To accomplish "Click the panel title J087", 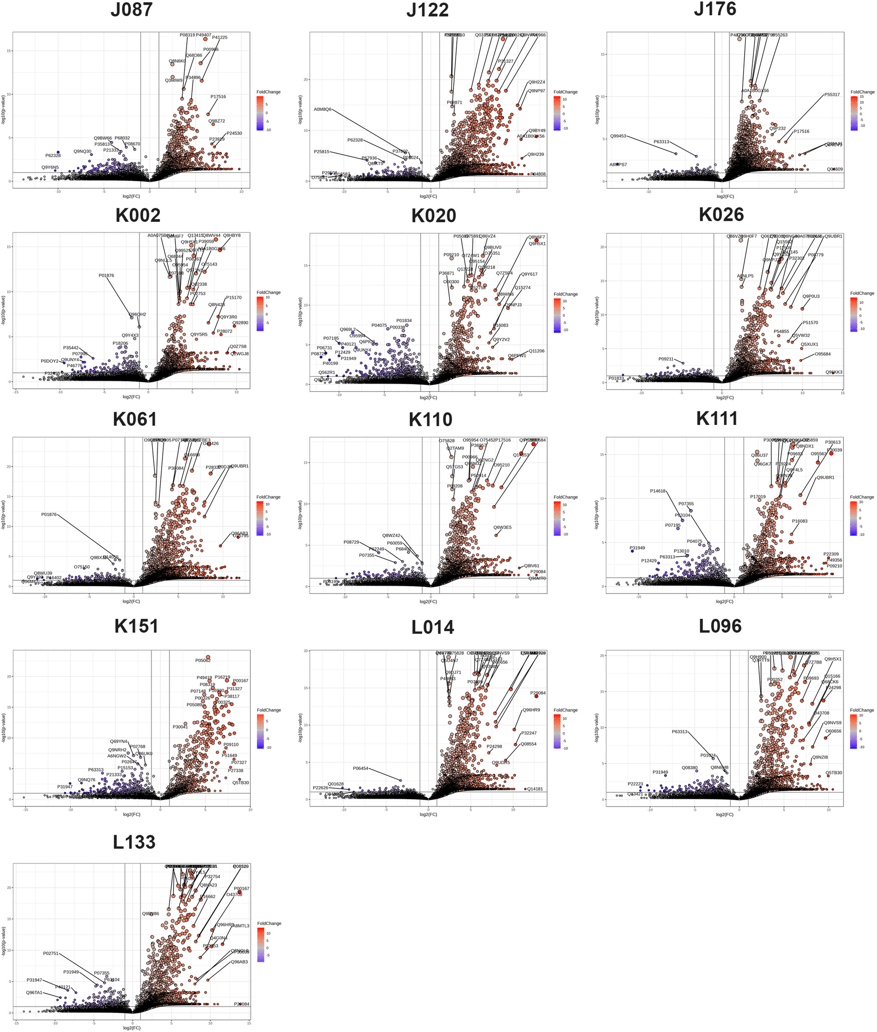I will click(131, 10).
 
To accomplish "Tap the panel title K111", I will click(717, 418).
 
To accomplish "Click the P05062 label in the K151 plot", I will click(203, 660).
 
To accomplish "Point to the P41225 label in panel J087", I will click(220, 37).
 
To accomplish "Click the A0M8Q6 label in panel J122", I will click(322, 109).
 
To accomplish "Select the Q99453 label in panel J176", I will click(618, 136).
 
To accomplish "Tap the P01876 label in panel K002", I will click(106, 275).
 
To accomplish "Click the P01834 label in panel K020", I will click(404, 321).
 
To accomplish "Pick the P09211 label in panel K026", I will click(666, 359).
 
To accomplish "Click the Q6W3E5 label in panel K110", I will click(502, 527).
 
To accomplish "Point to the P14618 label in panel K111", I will click(657, 491).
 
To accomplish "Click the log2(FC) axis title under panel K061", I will click(131, 601).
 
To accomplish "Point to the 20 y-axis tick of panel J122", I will click(306, 79).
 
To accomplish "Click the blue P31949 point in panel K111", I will click(632, 551).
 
